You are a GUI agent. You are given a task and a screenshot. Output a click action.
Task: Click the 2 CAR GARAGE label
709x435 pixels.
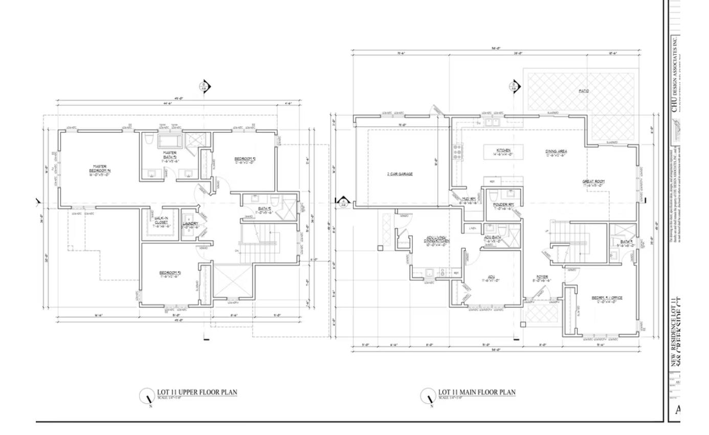tap(400, 174)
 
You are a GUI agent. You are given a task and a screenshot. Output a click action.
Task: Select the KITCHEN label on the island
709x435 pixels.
tap(503, 152)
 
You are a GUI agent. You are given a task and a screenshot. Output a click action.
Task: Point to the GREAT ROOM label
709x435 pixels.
tap(593, 183)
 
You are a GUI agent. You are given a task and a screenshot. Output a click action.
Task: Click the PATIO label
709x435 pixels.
tap(584, 91)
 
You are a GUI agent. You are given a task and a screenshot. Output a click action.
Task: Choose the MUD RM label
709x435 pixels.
tap(469, 201)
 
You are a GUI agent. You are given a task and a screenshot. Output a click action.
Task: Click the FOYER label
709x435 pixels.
tap(542, 278)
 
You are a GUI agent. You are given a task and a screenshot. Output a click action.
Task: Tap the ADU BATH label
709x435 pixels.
tap(493, 239)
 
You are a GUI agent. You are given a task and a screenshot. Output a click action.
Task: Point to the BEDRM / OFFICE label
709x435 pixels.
tap(607, 299)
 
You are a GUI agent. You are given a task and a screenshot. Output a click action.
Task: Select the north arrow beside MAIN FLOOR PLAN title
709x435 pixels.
tap(428, 396)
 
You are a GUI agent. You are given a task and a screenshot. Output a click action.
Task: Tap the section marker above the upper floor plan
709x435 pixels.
tap(204, 86)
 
